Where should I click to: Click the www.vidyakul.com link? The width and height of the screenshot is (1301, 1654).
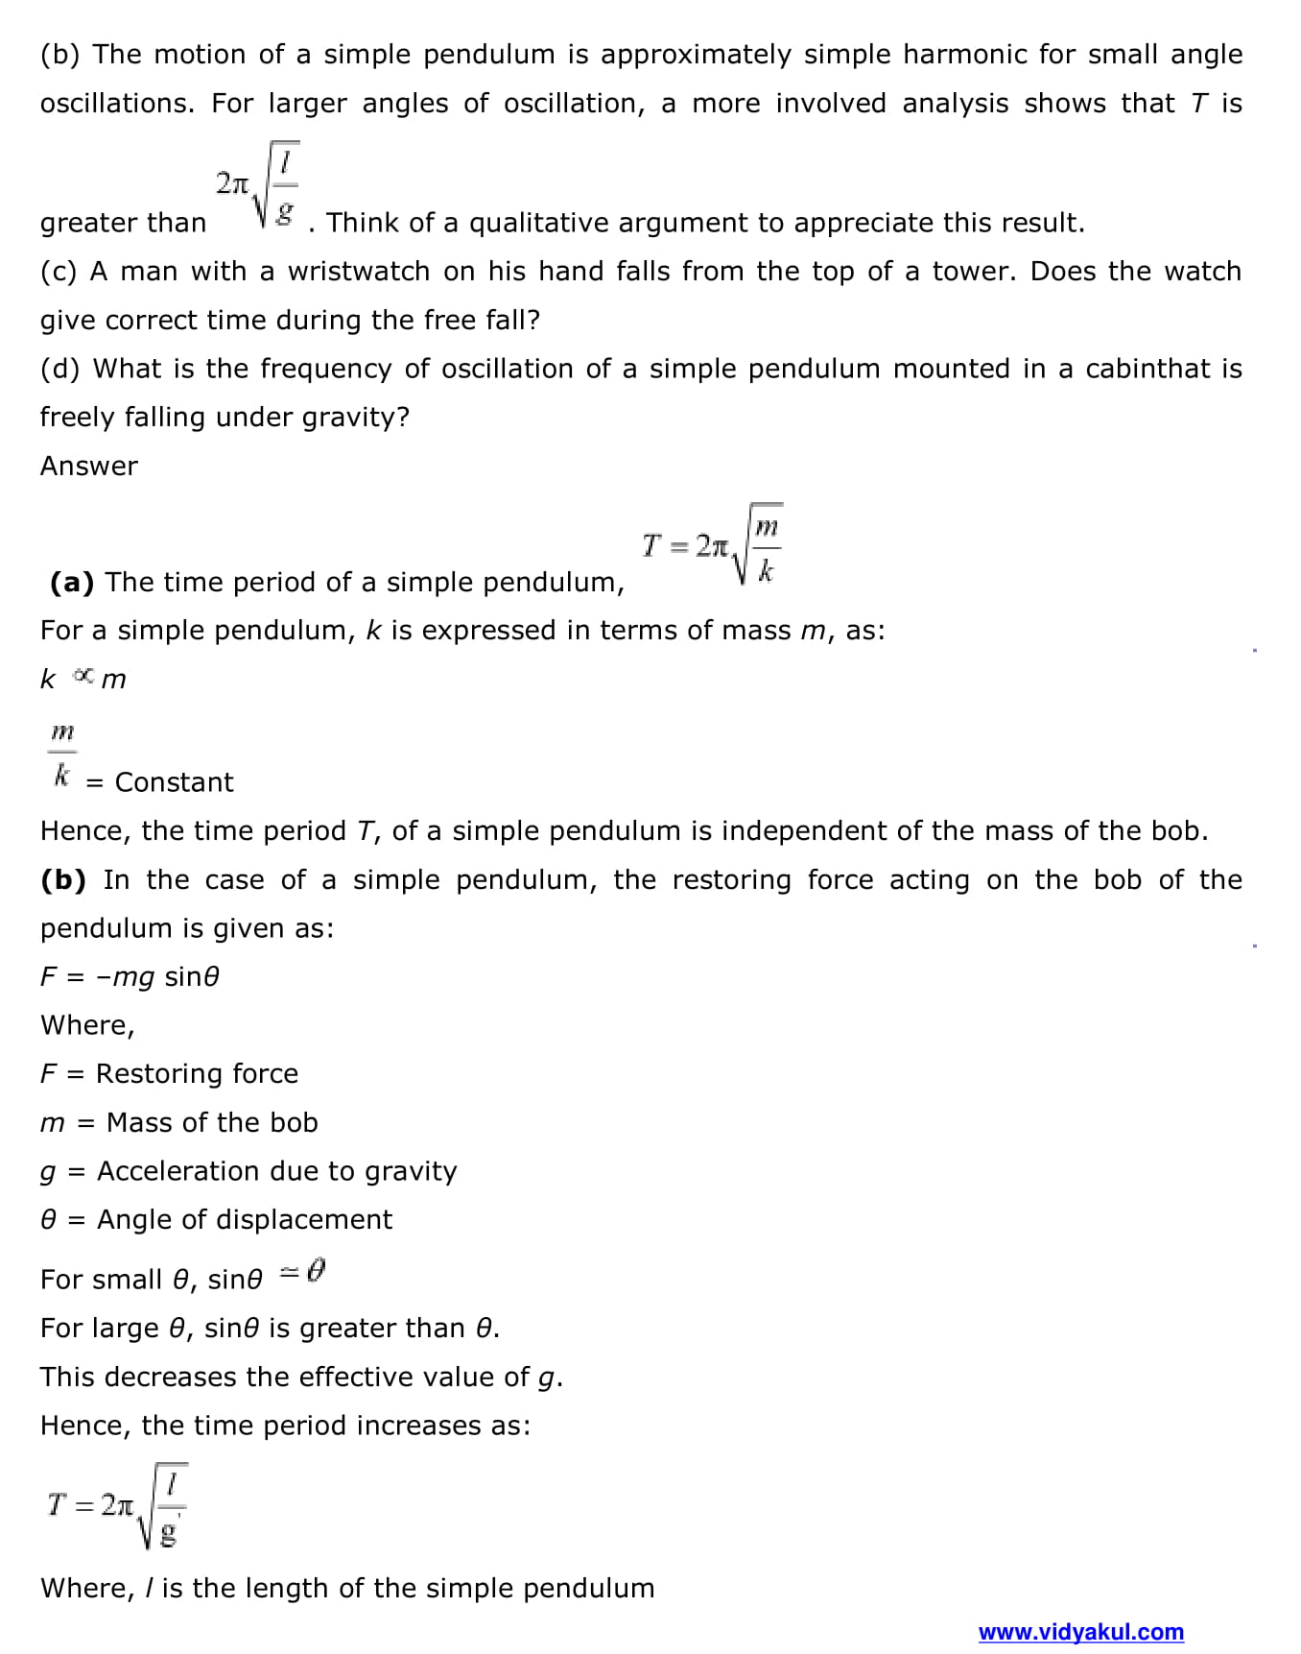(x=1080, y=1632)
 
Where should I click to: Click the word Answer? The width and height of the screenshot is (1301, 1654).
(x=89, y=466)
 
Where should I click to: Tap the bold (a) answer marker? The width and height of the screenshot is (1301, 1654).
(x=72, y=582)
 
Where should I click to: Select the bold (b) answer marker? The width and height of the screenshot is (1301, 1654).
(x=63, y=879)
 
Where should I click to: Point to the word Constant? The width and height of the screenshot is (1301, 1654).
(x=174, y=782)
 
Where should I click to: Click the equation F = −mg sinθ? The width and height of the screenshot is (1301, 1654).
(x=130, y=976)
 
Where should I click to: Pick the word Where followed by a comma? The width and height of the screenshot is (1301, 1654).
(x=87, y=1025)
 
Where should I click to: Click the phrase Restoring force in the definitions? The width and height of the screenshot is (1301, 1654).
(x=197, y=1073)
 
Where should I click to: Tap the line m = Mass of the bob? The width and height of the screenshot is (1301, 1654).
(x=178, y=1122)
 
